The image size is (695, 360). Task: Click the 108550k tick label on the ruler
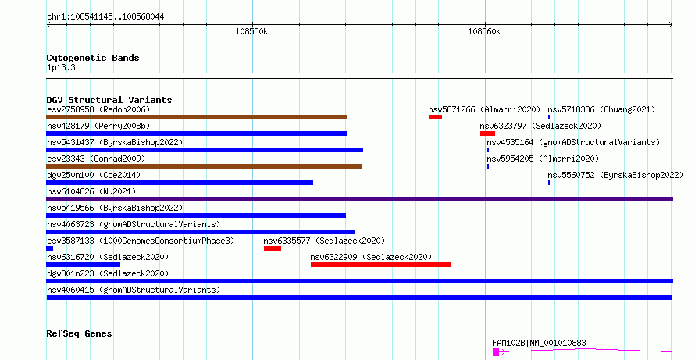coord(251,32)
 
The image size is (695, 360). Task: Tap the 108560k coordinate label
coord(484,32)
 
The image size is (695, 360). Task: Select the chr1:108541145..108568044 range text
coord(105,17)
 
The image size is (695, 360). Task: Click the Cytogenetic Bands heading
coord(93,58)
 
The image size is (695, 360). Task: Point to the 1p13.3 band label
coord(61,68)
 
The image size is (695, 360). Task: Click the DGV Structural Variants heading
coord(109,100)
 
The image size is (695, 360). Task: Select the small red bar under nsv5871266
coord(435,117)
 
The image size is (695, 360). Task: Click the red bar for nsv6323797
coord(487,134)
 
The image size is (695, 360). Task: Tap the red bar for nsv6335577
coord(273,248)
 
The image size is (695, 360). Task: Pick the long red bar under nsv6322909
coord(380,265)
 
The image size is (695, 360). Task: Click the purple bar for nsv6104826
coord(359,199)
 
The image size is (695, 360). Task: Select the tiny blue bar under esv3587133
coord(50,248)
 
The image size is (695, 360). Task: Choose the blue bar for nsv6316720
coord(83,265)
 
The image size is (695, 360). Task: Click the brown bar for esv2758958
coord(197,117)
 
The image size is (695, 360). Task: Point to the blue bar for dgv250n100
coord(180,183)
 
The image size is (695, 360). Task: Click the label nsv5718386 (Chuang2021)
coord(601,109)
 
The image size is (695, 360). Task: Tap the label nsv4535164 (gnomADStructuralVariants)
coord(573,142)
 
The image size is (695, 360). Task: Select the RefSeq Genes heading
coord(80,333)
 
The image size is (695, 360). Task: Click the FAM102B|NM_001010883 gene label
coord(539,343)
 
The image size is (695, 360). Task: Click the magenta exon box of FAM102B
coord(496,352)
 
